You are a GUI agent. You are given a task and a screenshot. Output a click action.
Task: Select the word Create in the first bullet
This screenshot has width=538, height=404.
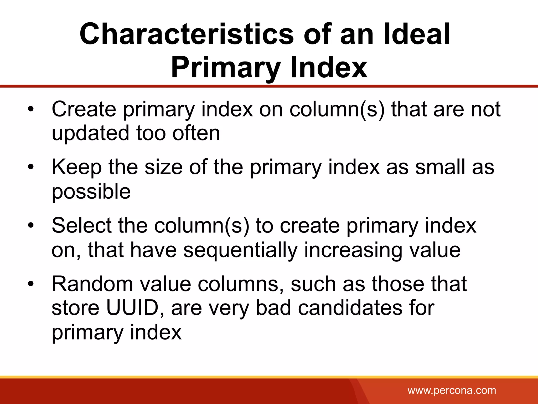[84, 109]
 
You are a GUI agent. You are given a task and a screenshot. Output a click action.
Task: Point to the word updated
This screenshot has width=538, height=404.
[90, 133]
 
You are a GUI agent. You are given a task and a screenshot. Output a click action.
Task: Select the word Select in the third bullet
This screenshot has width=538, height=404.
[82, 226]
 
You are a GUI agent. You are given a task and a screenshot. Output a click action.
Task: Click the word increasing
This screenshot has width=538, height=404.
[353, 250]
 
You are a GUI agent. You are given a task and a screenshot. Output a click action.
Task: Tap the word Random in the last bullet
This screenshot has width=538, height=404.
[92, 284]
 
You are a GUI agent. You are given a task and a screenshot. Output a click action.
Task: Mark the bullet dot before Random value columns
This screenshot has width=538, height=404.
[31, 284]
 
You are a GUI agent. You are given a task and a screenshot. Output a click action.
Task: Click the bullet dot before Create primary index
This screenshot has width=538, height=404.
[31, 109]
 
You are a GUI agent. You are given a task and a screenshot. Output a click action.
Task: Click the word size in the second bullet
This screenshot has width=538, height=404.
[164, 168]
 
